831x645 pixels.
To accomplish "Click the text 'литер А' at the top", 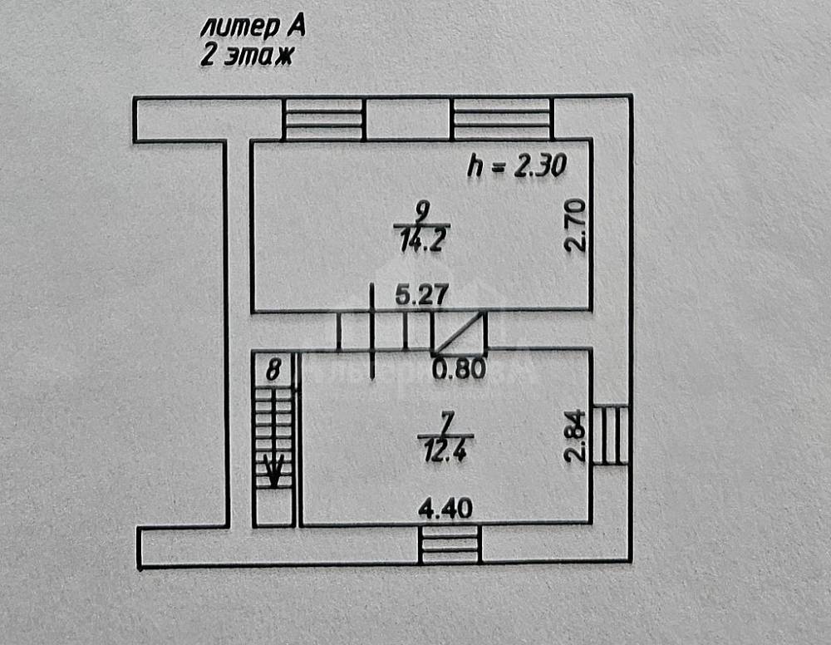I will (253, 27).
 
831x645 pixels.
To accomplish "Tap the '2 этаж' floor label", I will (246, 56).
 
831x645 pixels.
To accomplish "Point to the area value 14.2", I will (421, 243).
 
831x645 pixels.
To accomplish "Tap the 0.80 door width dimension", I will (460, 368).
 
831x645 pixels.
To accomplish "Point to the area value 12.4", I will (445, 454).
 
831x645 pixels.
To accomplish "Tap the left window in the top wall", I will (324, 120).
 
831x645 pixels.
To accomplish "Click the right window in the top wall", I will (502, 120).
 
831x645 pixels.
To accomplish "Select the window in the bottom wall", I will (450, 544).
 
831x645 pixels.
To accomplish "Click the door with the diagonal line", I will (459, 332).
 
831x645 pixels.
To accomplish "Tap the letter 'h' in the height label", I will (474, 166).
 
